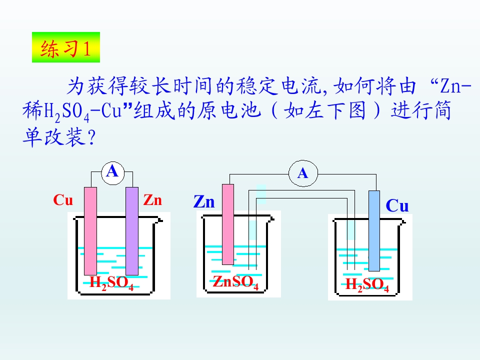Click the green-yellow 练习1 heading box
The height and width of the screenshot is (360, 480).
click(66, 47)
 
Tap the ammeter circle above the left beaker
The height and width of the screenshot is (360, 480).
click(113, 173)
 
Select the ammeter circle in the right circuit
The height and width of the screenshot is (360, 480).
click(303, 173)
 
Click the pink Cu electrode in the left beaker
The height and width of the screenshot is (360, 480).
click(90, 231)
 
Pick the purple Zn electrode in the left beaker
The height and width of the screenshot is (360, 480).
click(132, 231)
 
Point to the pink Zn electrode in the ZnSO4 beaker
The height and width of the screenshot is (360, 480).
click(228, 224)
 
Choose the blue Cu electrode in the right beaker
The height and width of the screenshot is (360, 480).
click(374, 231)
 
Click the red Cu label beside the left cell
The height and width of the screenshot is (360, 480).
click(63, 200)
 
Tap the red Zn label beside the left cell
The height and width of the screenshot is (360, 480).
click(152, 200)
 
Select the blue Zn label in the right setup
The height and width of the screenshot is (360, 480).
click(204, 202)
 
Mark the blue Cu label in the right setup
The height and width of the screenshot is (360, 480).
click(397, 205)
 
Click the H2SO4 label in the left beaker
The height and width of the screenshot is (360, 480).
click(111, 282)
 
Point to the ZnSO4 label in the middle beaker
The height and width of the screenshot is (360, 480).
click(235, 282)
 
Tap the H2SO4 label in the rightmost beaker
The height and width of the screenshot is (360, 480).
click(367, 284)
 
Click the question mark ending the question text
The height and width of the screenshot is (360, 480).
click(91, 137)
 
